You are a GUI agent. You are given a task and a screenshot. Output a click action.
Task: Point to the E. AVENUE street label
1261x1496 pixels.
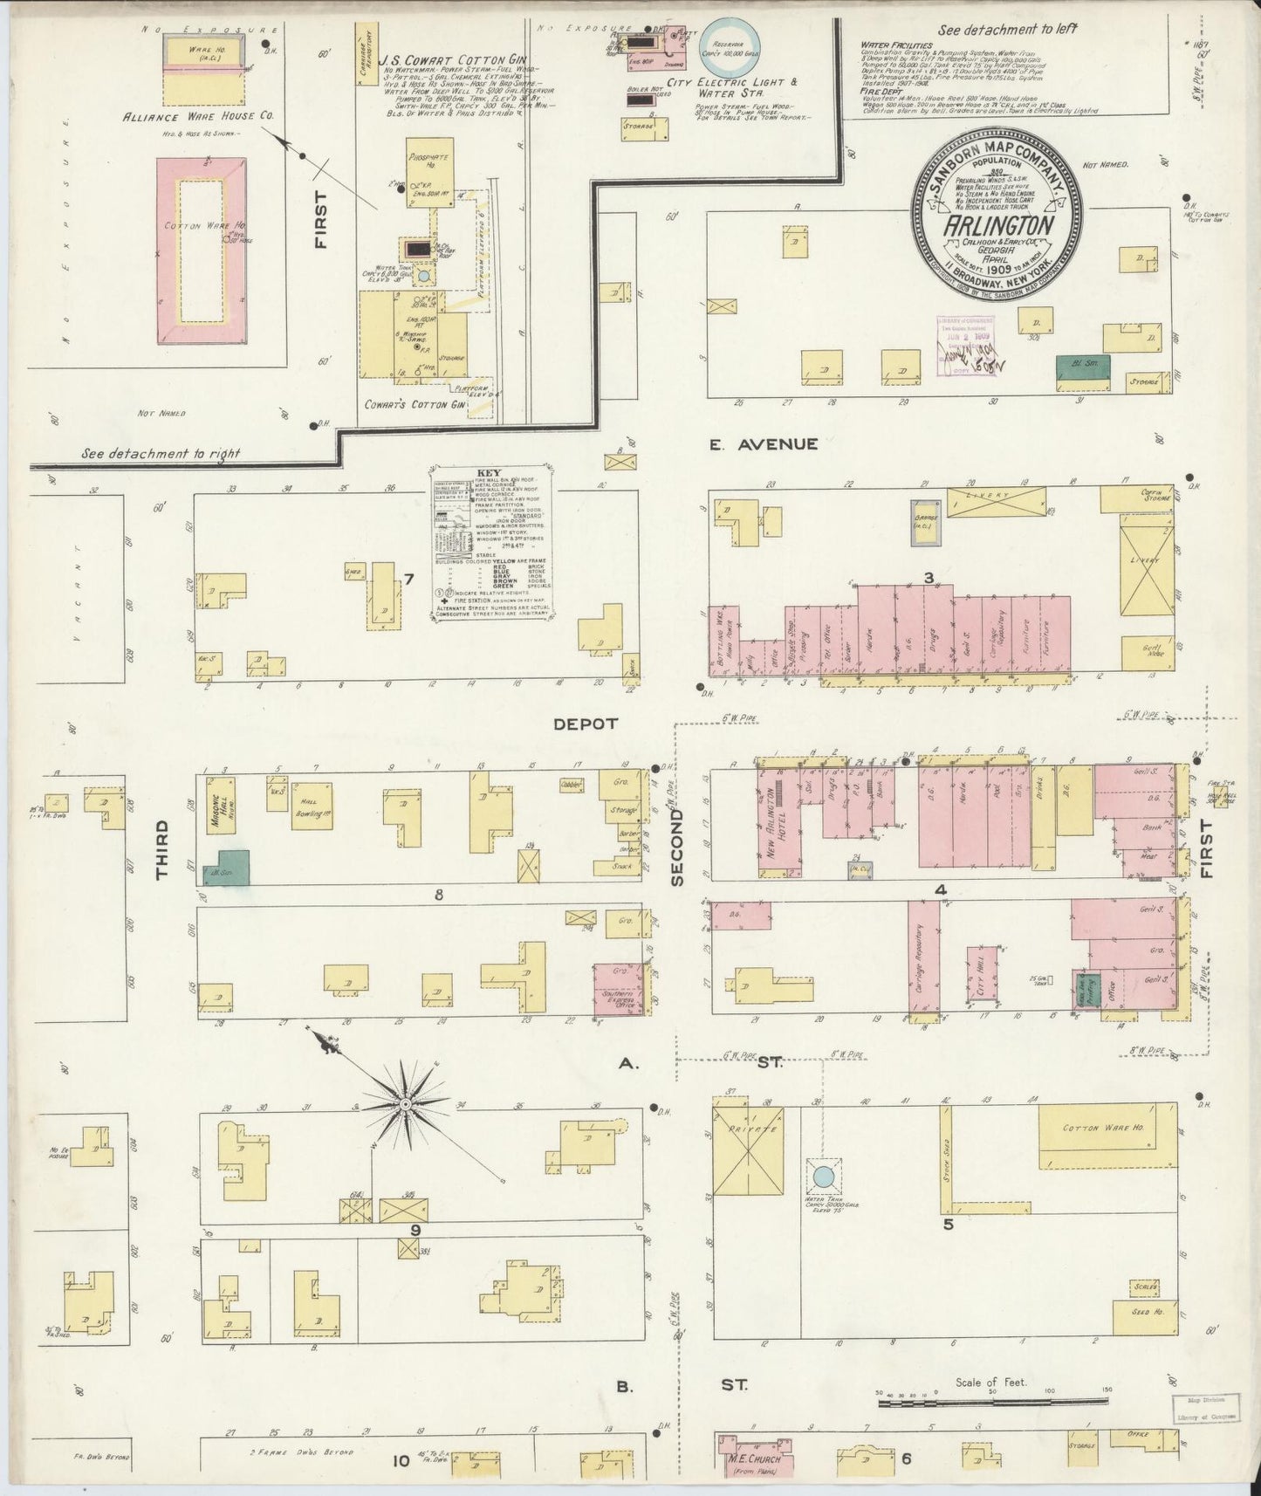(763, 444)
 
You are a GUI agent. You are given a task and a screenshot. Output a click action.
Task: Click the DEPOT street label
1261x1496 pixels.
(586, 724)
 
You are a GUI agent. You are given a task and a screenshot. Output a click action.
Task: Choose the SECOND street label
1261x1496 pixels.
(678, 848)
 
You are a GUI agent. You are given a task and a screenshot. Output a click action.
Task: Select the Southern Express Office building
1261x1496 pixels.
(620, 990)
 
